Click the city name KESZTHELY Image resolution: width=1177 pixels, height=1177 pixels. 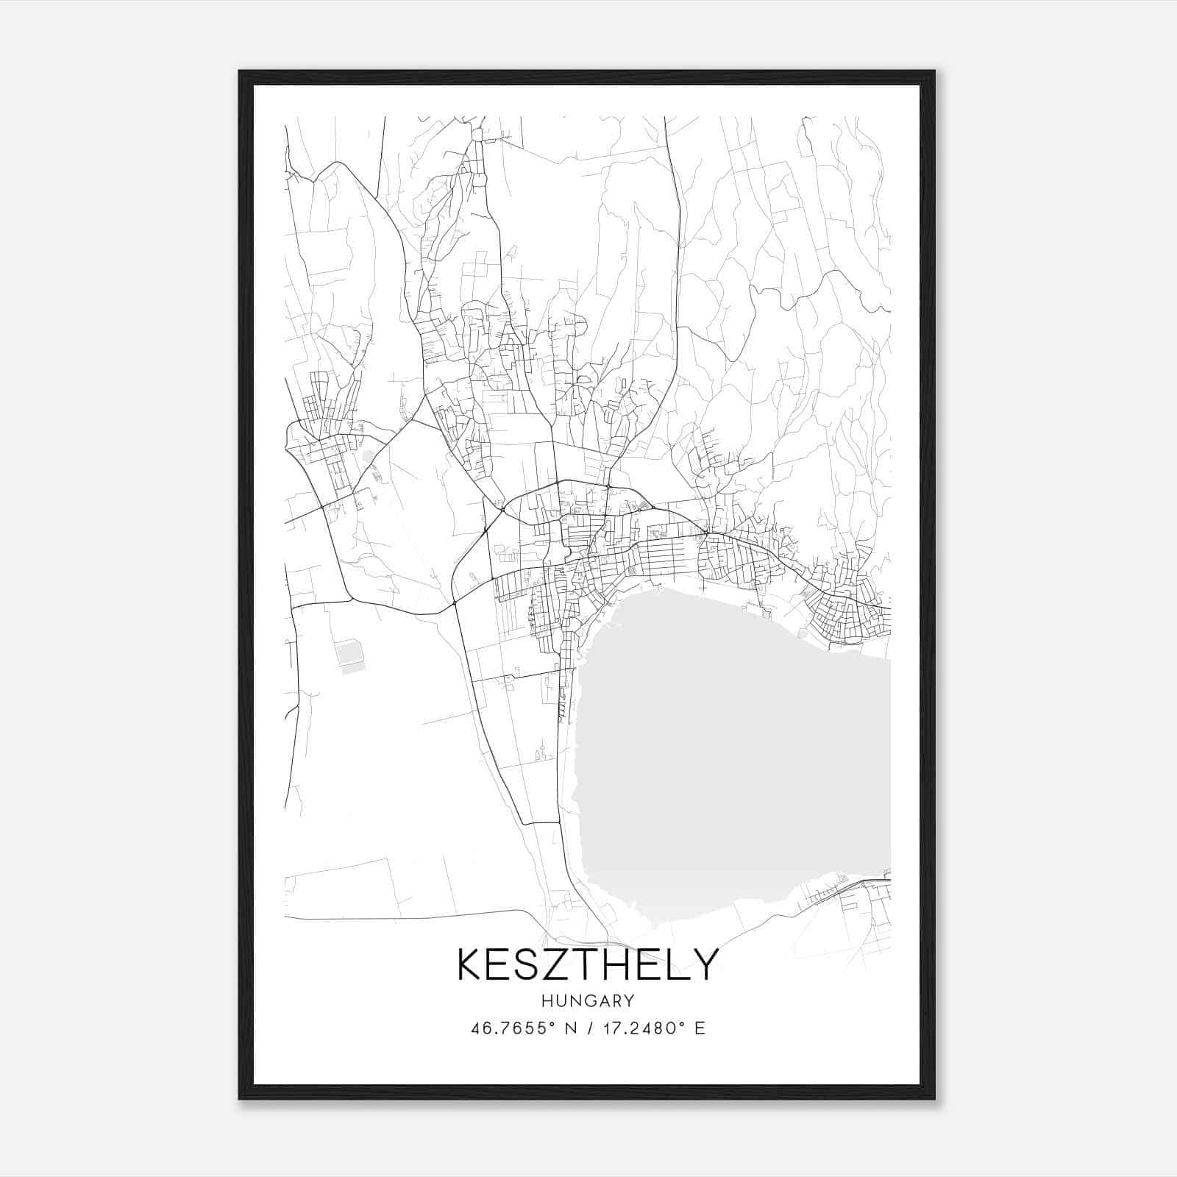coord(587,964)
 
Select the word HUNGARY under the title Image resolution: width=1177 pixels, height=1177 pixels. coord(587,1000)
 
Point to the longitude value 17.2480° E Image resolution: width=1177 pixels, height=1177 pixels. coord(653,1028)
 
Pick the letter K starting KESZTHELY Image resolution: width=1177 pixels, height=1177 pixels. coord(471,964)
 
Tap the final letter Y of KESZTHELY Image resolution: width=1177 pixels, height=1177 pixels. coord(705,964)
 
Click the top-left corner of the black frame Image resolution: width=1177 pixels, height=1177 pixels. coord(241,72)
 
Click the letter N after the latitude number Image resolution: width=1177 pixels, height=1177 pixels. coord(569,1028)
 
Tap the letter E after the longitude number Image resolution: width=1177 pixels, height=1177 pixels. coord(700,1028)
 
